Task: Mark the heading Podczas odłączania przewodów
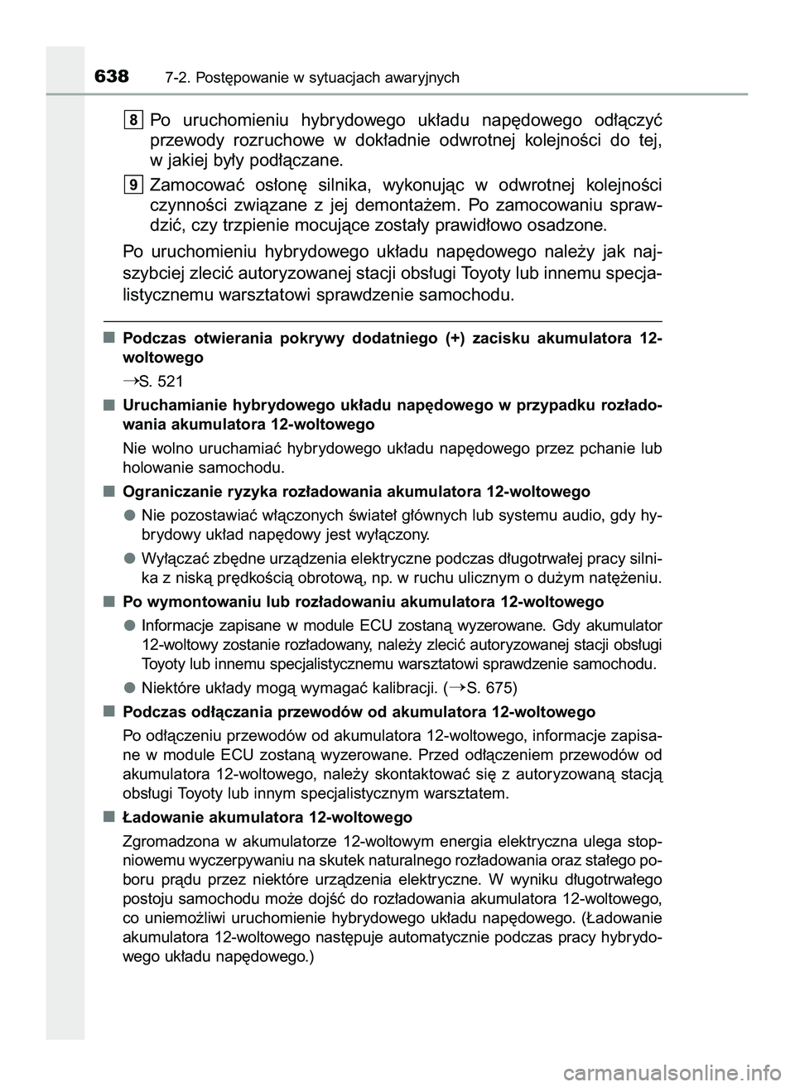pos(358,712)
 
